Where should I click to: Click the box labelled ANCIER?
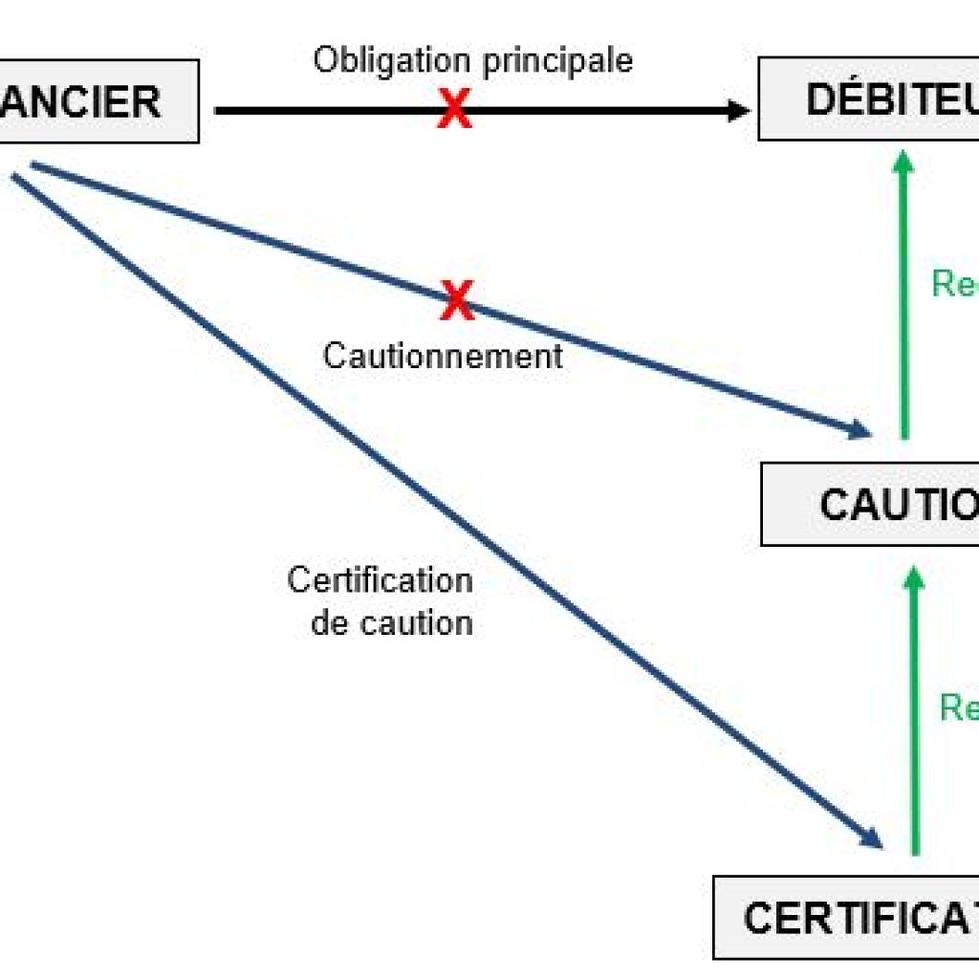coord(96,101)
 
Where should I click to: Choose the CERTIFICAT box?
coord(847,918)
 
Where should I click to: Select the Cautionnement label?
coord(443,357)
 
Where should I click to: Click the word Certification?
coord(380,580)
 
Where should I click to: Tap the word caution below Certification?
coord(418,623)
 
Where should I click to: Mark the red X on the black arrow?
coord(455,111)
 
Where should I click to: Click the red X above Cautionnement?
coord(458,301)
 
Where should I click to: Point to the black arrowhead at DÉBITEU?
coord(738,111)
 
